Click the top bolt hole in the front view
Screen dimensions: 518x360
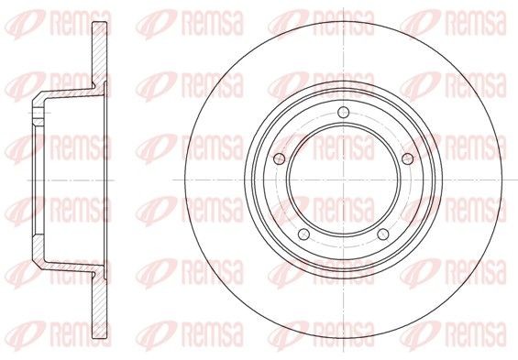(344, 112)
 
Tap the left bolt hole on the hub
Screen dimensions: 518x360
(280, 159)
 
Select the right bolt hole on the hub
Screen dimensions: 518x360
(408, 159)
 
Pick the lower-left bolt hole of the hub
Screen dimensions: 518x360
(304, 235)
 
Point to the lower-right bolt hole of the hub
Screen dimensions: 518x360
(383, 235)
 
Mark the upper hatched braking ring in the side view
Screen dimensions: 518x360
(99, 53)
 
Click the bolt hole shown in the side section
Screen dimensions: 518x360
(39, 113)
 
